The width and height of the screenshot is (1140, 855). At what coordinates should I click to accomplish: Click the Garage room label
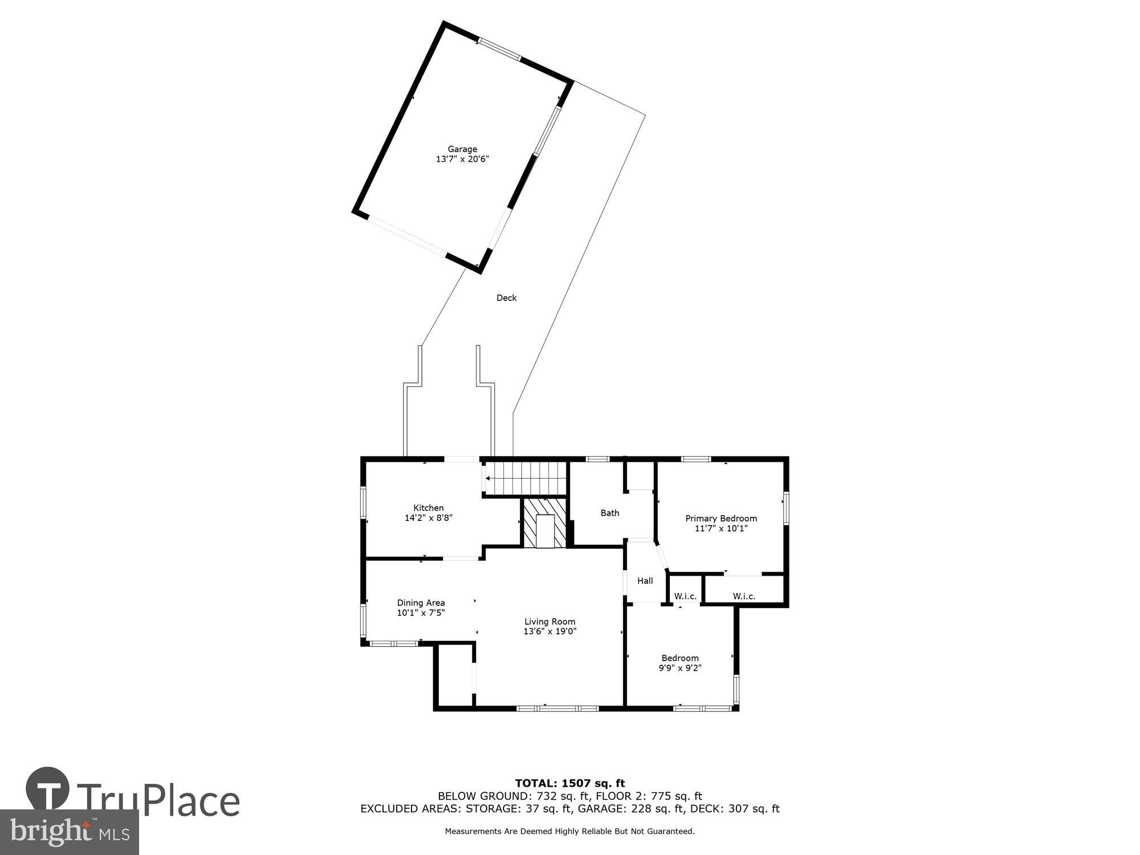[462, 149]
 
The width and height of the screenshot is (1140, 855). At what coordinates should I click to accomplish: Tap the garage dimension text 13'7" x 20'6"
[462, 160]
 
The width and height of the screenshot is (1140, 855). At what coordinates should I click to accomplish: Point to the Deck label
[506, 298]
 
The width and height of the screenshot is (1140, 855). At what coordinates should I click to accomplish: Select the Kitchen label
[428, 508]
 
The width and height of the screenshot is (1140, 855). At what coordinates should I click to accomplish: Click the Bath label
[609, 513]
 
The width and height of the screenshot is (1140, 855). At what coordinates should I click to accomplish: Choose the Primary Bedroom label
[720, 518]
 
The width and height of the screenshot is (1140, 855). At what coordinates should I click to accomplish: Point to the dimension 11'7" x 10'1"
[720, 528]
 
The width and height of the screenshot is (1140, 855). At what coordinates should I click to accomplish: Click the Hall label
[645, 581]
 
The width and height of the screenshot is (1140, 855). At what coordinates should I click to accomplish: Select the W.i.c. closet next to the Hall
[685, 596]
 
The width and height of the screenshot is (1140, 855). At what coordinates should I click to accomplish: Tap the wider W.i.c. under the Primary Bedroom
[744, 596]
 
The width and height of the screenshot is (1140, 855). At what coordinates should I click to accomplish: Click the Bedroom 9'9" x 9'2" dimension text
[679, 668]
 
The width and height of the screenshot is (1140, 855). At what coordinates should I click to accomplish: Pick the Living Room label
[549, 622]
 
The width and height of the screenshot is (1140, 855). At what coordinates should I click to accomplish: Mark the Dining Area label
[421, 602]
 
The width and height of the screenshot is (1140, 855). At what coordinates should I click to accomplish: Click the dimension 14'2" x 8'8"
[428, 518]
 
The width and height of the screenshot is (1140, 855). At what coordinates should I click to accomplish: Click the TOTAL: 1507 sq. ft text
[569, 783]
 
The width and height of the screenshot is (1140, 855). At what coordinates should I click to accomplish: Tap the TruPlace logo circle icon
[48, 789]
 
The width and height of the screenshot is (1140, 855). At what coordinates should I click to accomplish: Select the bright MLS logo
[69, 832]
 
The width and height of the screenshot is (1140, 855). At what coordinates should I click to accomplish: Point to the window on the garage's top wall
[499, 48]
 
